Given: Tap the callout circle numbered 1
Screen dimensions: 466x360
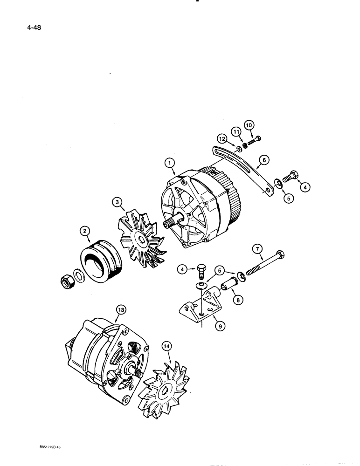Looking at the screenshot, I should coord(170,163).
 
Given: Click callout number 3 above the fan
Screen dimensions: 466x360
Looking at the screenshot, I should coord(117,202).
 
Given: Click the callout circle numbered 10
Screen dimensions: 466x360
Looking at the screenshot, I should coord(249,125).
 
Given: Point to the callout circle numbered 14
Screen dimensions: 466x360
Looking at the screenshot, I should coord(166,346).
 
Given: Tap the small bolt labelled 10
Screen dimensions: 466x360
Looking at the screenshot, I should coord(254,140).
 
